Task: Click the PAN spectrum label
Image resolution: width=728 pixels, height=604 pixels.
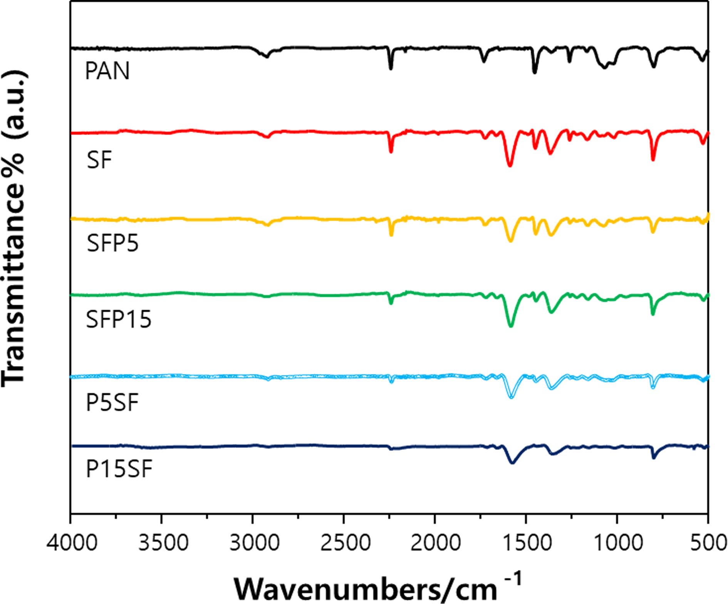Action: pyautogui.click(x=107, y=71)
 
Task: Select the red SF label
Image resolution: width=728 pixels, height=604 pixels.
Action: pyautogui.click(x=99, y=160)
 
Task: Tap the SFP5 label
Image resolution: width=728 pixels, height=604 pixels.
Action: pyautogui.click(x=112, y=243)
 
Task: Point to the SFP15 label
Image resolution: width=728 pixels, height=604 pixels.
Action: pyautogui.click(x=119, y=320)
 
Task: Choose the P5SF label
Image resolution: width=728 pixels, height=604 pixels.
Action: pyautogui.click(x=112, y=403)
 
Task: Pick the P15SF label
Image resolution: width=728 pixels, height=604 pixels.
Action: pyautogui.click(x=119, y=469)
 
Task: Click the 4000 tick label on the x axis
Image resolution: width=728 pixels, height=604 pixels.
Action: pyautogui.click(x=72, y=543)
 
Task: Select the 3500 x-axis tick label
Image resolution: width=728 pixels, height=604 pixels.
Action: pyautogui.click(x=163, y=543)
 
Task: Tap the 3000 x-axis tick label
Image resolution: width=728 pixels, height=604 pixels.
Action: pyautogui.click(x=253, y=543)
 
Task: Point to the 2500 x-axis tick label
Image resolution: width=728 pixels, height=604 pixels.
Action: pyautogui.click(x=344, y=543)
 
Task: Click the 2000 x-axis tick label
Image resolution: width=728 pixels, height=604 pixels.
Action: pyautogui.click(x=435, y=543)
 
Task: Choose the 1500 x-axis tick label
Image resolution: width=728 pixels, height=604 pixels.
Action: pyautogui.click(x=527, y=543)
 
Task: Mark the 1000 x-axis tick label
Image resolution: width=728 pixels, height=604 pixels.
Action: pyautogui.click(x=618, y=543)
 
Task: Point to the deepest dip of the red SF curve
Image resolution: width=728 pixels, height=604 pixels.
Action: pyautogui.click(x=510, y=165)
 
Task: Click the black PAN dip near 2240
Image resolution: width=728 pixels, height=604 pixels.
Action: pyautogui.click(x=391, y=68)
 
